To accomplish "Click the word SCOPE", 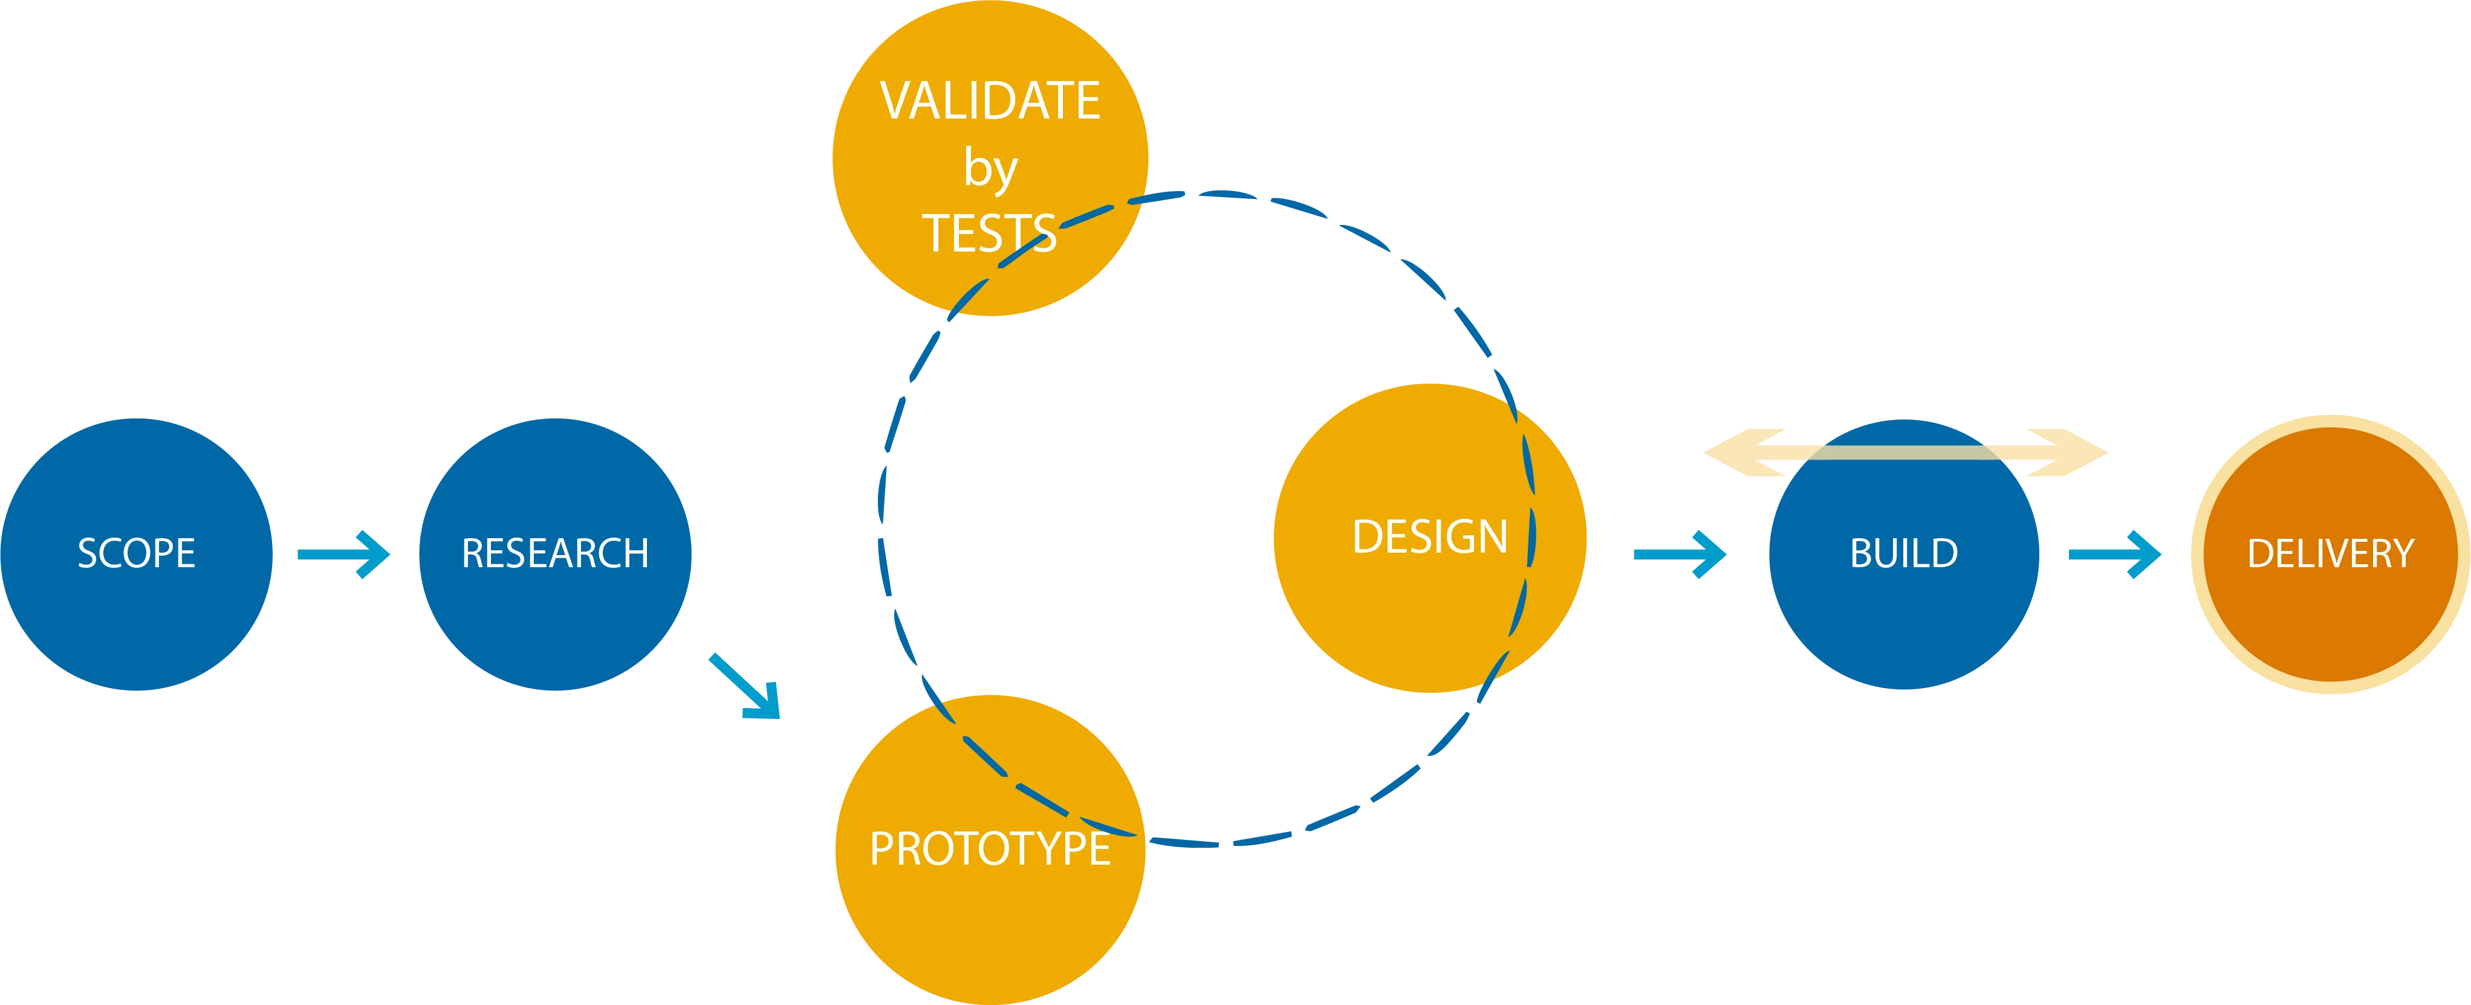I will (x=136, y=553).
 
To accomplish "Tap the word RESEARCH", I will (x=554, y=553).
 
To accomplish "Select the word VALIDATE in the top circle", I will (x=990, y=102).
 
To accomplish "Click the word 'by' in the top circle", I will (x=990, y=171).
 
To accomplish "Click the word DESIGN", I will (x=1429, y=537).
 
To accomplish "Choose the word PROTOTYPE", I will (x=990, y=849).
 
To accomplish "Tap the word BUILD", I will (x=1903, y=553).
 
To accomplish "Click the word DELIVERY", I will (x=2330, y=553).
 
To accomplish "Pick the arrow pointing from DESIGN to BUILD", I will (x=1680, y=553).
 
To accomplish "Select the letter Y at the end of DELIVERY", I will (x=2403, y=553).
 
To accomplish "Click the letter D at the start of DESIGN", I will (x=1366, y=537).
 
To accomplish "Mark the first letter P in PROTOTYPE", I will (x=880, y=849).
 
